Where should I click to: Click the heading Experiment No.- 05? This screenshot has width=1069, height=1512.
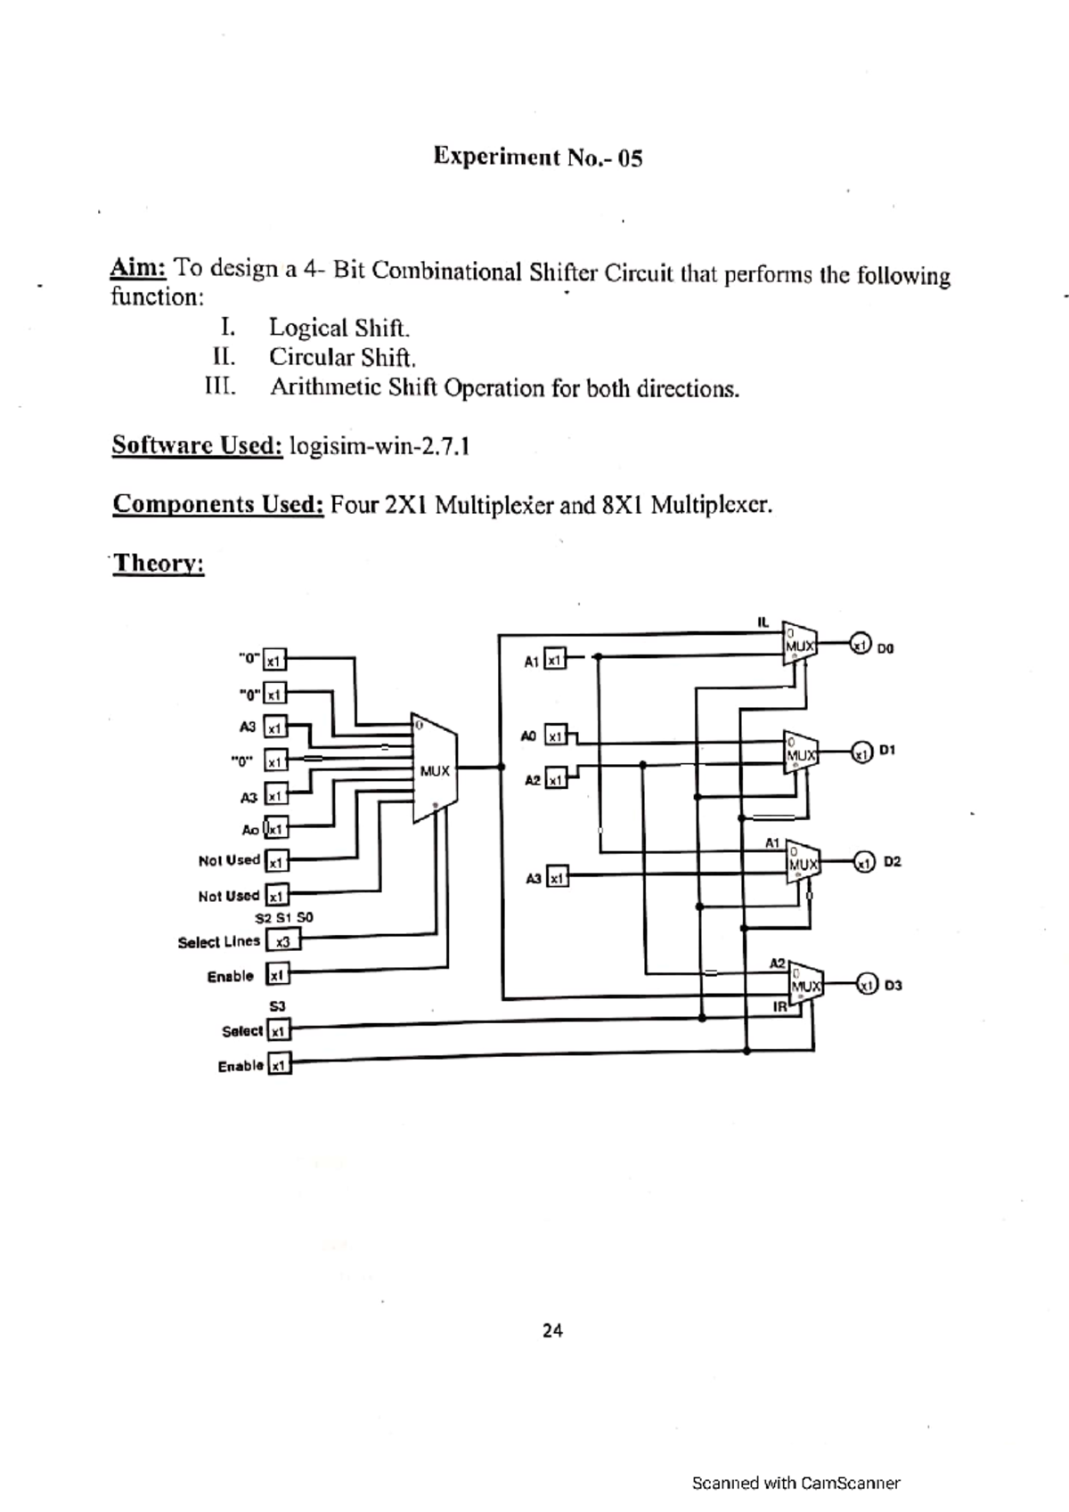click(x=537, y=158)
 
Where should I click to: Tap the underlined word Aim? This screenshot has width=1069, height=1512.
click(x=137, y=267)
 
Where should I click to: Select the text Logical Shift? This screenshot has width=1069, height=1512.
click(x=339, y=328)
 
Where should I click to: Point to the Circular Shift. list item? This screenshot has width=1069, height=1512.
click(x=343, y=358)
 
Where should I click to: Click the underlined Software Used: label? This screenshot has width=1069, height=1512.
click(x=197, y=445)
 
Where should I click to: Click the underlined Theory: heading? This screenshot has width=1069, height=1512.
click(x=159, y=564)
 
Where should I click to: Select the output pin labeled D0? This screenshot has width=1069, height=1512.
click(x=860, y=643)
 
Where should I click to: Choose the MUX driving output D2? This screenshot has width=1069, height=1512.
click(x=803, y=862)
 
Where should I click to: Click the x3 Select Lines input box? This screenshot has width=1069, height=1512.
click(x=283, y=940)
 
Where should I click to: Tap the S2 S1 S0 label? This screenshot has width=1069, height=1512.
click(x=284, y=917)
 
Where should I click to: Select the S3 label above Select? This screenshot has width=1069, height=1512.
click(x=277, y=1006)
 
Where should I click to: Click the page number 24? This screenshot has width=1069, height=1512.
click(x=552, y=1330)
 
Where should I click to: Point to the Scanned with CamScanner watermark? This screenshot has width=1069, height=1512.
click(x=796, y=1483)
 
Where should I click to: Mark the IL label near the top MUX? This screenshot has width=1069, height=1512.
click(x=763, y=622)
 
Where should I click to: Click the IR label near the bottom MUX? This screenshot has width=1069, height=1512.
click(x=779, y=1007)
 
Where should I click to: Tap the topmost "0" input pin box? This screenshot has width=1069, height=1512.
click(x=274, y=661)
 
